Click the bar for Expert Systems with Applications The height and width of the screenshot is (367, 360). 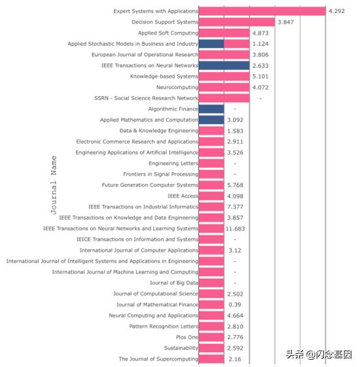click(x=262, y=11)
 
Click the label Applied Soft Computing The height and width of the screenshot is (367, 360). click(x=168, y=33)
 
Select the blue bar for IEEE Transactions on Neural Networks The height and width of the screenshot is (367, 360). click(x=224, y=65)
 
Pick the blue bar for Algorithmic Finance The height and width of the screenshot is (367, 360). click(x=211, y=109)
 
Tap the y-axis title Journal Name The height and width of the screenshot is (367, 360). click(x=54, y=185)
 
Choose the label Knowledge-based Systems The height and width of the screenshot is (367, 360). click(x=164, y=76)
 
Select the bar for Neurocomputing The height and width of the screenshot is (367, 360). click(x=224, y=87)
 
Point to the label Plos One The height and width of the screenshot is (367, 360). click(x=187, y=337)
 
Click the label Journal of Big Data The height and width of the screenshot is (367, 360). click(x=173, y=283)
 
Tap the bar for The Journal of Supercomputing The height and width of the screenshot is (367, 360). click(x=211, y=358)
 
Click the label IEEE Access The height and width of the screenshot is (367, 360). click(x=183, y=196)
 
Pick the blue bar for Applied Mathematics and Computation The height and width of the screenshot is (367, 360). click(x=211, y=120)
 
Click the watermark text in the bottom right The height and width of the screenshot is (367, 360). click(x=318, y=354)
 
